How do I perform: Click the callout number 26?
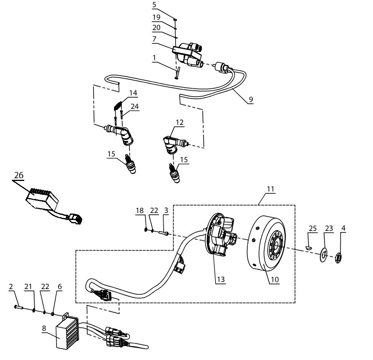19,175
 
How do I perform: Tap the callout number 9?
251,99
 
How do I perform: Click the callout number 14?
133,93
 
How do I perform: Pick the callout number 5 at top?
154,5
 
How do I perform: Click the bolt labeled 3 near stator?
165,232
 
